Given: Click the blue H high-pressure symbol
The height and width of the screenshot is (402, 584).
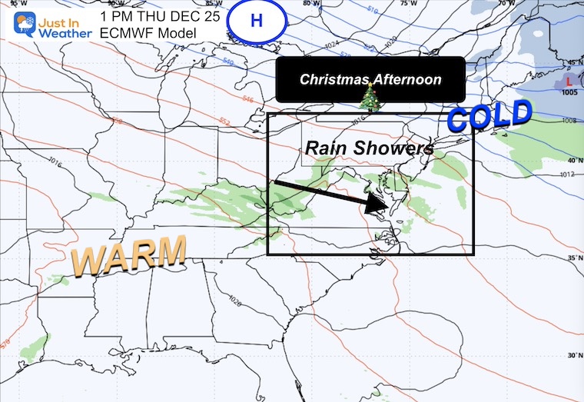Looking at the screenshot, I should pos(256,21).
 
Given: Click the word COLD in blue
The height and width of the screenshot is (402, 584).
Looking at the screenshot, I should pos(489,117).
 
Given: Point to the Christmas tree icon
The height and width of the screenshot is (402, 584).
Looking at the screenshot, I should pos(370,97).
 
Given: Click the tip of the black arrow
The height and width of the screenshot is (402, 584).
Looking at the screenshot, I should pos(384,208).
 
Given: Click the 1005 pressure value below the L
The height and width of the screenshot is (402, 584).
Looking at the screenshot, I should pos(569,93).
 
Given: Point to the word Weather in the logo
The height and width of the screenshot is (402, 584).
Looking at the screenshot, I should pos(66,33).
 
